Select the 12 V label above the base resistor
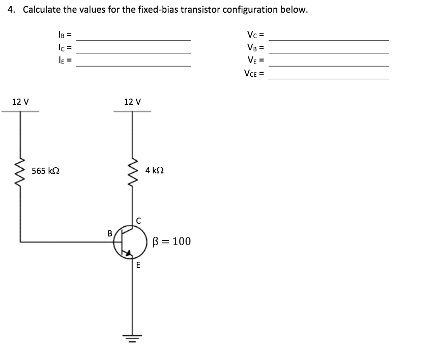click(20, 101)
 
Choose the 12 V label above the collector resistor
click(132, 101)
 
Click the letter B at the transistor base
click(109, 233)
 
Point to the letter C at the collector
click(138, 220)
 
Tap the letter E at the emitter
click(138, 265)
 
